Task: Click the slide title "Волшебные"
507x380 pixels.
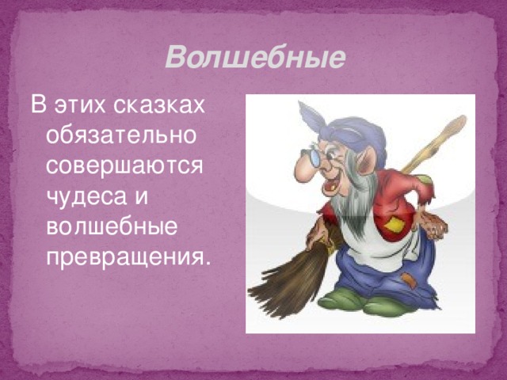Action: click(256, 58)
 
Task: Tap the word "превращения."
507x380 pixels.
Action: click(128, 256)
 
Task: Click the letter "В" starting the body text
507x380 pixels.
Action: click(36, 104)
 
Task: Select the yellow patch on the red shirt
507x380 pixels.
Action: click(393, 225)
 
